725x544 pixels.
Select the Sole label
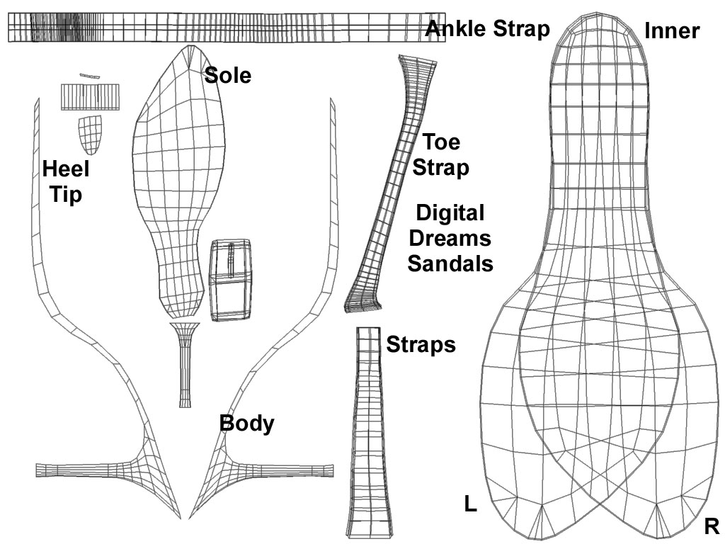click(x=228, y=75)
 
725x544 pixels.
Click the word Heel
click(x=66, y=169)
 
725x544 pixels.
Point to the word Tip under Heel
click(x=66, y=194)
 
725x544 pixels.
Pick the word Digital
click(x=450, y=213)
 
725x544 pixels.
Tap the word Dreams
click(x=450, y=238)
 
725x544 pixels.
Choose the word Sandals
click(x=450, y=263)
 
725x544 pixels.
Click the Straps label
click(x=421, y=345)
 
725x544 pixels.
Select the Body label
click(x=246, y=424)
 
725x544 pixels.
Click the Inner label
click(x=672, y=30)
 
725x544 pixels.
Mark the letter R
click(x=712, y=527)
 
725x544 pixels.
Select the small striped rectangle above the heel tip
click(x=90, y=97)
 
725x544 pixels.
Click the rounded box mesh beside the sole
click(x=231, y=279)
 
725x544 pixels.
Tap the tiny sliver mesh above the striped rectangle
click(x=90, y=75)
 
